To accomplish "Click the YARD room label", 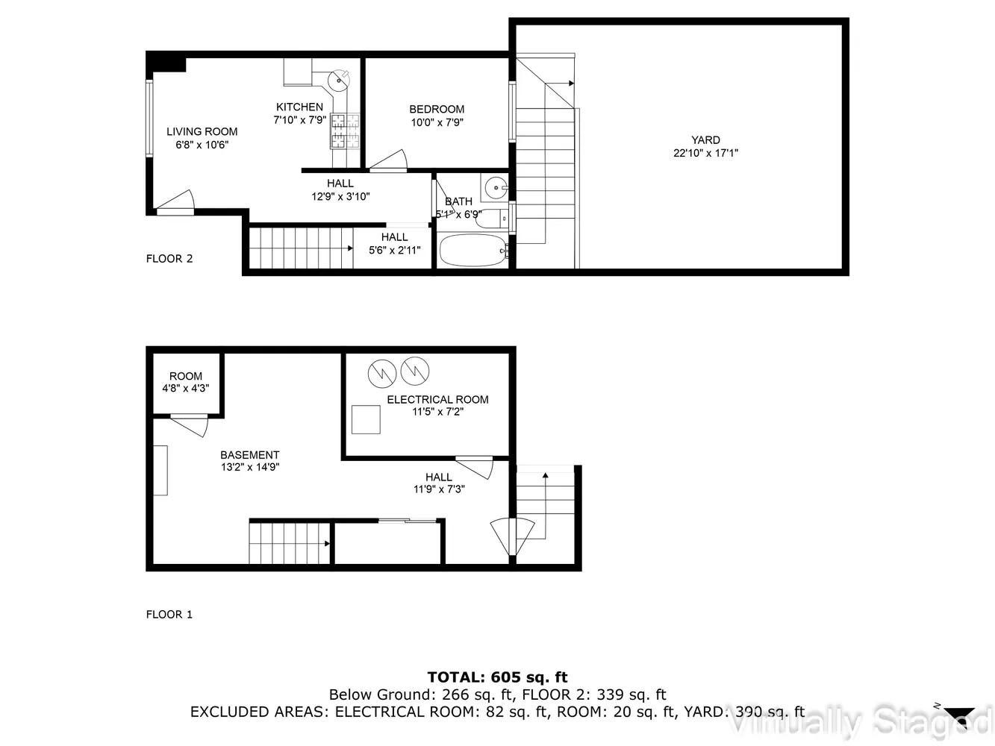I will (x=705, y=140).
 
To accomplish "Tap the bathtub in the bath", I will (x=473, y=251).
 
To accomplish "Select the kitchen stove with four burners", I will (x=345, y=130).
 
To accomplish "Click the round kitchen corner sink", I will (x=340, y=78).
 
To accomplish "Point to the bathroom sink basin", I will (x=494, y=187).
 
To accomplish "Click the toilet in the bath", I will (x=493, y=219).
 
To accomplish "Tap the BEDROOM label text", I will (x=437, y=109).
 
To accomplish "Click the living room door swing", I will (x=176, y=201).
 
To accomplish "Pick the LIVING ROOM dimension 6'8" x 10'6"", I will (x=202, y=145).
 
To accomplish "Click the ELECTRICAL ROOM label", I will (x=437, y=399).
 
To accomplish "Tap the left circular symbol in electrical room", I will (x=381, y=372).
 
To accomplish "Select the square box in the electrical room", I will (x=366, y=419).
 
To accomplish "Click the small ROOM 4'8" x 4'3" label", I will (x=186, y=382).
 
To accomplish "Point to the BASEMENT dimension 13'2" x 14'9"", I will (x=249, y=467).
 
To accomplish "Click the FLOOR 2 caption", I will (x=169, y=259).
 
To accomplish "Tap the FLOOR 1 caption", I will (x=169, y=615).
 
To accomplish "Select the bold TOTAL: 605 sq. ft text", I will (x=497, y=677).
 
